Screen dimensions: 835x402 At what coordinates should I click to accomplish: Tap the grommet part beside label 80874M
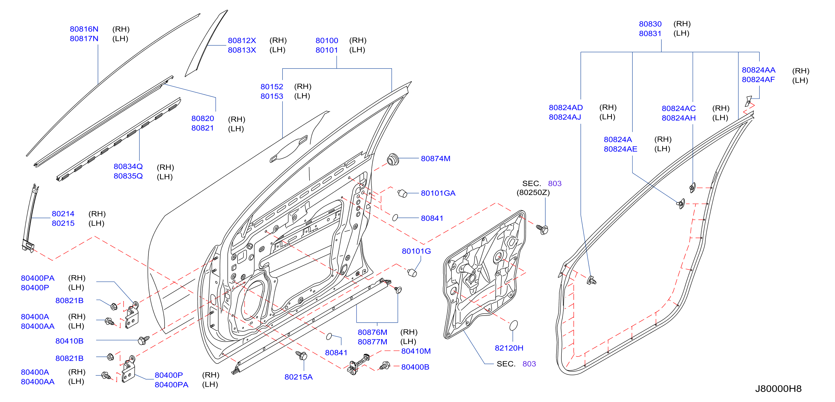393,160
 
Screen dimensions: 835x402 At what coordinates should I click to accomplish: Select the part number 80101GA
438,193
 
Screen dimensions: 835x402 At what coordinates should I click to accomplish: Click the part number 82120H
509,348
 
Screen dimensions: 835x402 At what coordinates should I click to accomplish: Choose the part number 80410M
416,351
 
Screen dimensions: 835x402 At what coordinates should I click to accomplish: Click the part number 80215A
298,377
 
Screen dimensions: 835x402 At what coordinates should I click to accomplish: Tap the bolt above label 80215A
302,355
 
